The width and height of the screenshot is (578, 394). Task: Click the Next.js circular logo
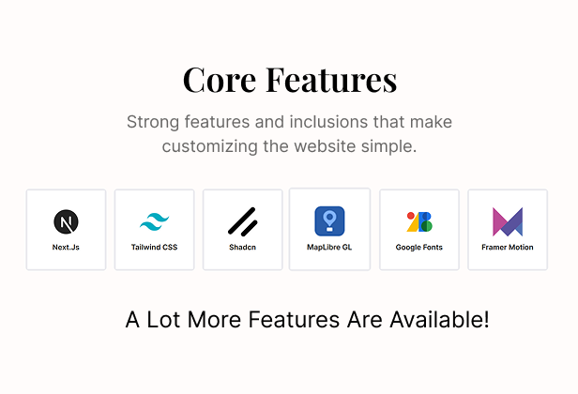(x=66, y=221)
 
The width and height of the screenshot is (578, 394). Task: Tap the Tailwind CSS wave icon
(x=155, y=221)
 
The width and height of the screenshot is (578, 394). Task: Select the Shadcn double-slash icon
(x=242, y=221)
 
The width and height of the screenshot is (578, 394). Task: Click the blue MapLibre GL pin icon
(x=329, y=221)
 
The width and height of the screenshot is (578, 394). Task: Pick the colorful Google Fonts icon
(x=419, y=221)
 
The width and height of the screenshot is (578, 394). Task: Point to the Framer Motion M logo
(x=508, y=221)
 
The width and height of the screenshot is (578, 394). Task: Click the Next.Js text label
(x=66, y=248)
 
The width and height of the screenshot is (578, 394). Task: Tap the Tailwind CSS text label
(x=155, y=248)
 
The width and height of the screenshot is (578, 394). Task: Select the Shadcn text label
(x=242, y=248)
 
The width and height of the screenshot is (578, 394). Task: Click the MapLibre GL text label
(x=329, y=248)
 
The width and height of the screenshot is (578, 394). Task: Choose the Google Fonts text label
(x=419, y=248)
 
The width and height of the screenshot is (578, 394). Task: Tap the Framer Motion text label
(x=508, y=248)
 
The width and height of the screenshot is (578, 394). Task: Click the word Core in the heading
(x=220, y=80)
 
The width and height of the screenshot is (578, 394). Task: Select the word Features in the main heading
(x=331, y=80)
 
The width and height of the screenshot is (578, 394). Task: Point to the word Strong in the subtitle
(x=153, y=122)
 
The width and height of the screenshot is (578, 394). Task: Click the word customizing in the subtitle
(x=210, y=146)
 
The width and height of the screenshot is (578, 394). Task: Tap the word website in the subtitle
(x=325, y=146)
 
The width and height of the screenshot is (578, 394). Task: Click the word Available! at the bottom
(x=440, y=319)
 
